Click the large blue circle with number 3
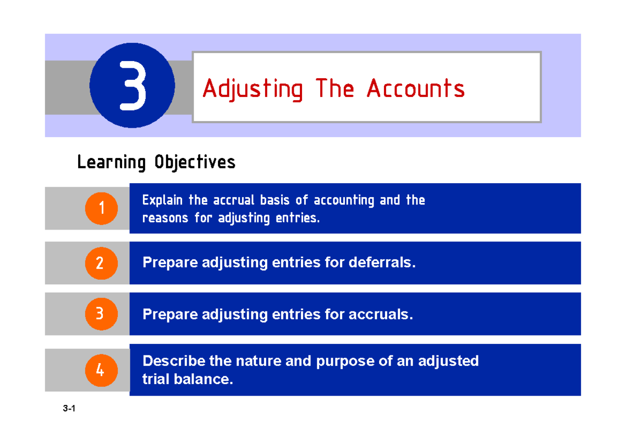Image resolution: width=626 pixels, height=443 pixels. point(132,86)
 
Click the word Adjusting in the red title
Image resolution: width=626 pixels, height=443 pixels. point(252,89)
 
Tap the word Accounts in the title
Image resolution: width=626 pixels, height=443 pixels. point(415,89)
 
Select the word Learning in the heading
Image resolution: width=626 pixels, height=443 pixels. point(111,163)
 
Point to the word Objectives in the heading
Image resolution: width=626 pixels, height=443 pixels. point(195,163)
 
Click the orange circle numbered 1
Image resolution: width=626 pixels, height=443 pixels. point(102,208)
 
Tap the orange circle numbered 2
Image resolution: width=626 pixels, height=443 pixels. point(102,262)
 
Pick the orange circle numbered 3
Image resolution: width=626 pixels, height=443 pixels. point(102,314)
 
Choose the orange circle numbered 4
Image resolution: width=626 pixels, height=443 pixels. point(102,370)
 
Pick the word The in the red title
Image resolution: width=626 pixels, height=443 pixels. point(334,89)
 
